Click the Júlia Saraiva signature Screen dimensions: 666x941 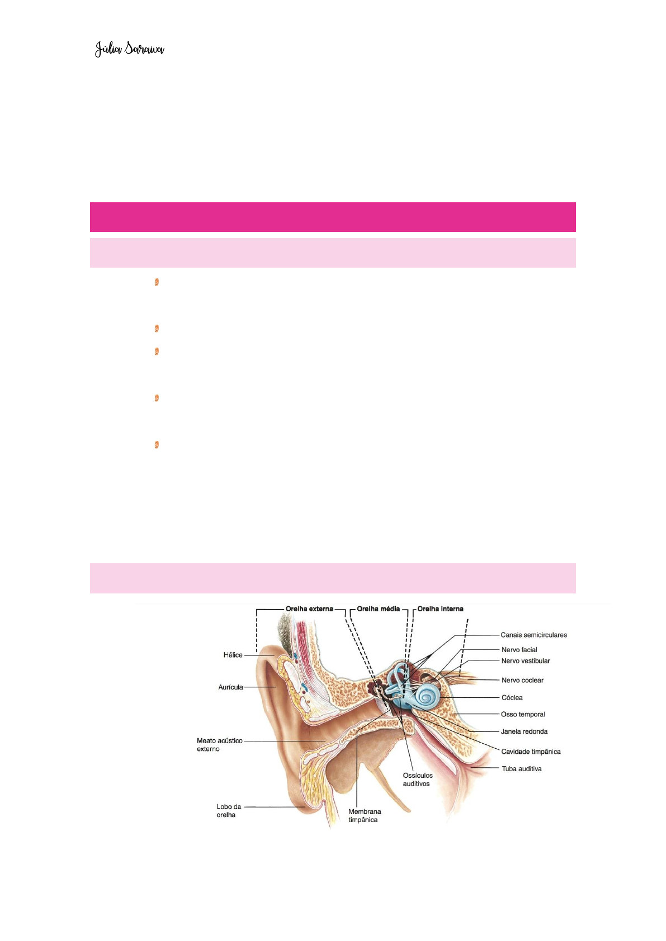129,49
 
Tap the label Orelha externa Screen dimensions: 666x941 309,609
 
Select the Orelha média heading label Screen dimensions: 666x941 378,609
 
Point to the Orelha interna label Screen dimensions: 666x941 440,609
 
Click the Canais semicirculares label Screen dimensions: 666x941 533,635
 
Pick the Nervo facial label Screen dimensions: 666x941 519,649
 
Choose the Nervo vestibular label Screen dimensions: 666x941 526,660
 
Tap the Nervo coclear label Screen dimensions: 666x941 522,680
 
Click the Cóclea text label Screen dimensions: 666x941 512,697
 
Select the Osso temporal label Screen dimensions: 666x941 523,714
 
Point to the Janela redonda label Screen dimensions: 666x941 524,731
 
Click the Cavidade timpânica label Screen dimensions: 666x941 531,752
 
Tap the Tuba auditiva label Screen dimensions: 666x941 521,768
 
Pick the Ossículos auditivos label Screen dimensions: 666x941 417,780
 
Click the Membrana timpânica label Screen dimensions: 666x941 364,815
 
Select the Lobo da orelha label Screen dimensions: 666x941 228,810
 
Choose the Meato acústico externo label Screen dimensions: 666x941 219,744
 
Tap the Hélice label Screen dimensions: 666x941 233,655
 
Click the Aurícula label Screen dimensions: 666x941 230,687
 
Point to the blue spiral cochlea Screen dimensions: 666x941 428,696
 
